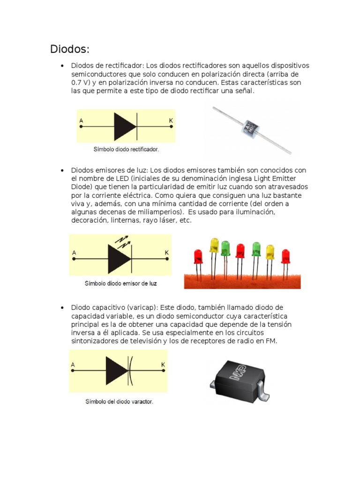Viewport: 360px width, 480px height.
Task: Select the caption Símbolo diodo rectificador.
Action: coord(125,150)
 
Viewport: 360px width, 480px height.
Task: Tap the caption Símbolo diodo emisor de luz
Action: coord(120,284)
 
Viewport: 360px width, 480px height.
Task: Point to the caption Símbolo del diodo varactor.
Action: coord(119,402)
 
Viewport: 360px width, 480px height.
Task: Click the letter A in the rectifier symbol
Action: coord(81,120)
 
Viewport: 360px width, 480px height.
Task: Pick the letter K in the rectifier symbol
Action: coord(171,120)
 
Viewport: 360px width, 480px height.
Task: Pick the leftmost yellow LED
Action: coord(214,245)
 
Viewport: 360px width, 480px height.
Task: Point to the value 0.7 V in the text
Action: coord(79,82)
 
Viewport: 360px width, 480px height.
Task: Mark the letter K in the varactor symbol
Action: coord(163,365)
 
